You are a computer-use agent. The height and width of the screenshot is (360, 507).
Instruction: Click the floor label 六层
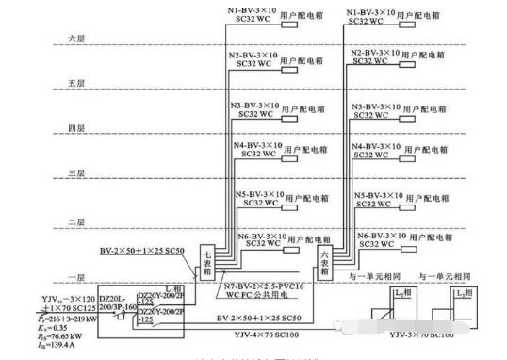click(x=77, y=38)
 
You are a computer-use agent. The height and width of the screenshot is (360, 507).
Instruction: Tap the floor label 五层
click(x=77, y=83)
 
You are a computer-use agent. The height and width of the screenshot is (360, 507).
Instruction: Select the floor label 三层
click(x=77, y=174)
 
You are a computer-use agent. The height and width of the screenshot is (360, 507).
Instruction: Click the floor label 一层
click(x=77, y=270)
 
